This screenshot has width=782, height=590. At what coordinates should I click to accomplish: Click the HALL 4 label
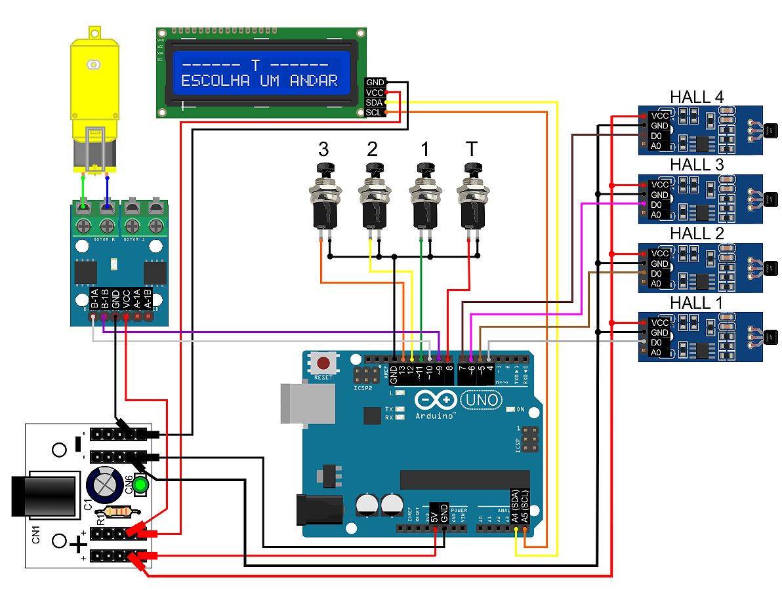pyautogui.click(x=696, y=97)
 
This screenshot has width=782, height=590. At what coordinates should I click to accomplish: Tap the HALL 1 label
pyautogui.click(x=696, y=303)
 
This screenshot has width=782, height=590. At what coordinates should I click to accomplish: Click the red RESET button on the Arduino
pyautogui.click(x=323, y=363)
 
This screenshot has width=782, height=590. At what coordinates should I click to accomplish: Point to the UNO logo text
pyautogui.click(x=482, y=399)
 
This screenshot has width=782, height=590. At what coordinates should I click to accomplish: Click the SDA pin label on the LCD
pyautogui.click(x=374, y=102)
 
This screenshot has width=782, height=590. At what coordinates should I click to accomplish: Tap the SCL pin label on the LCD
pyautogui.click(x=374, y=112)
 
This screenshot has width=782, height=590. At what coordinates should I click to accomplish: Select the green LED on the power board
pyautogui.click(x=140, y=486)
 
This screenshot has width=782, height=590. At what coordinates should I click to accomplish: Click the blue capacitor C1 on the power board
pyautogui.click(x=105, y=486)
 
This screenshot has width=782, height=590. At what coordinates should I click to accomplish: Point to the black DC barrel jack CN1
pyautogui.click(x=43, y=496)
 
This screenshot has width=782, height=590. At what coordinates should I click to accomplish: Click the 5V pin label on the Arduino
pyautogui.click(x=434, y=511)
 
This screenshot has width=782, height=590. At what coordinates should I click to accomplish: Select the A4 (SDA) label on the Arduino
pyautogui.click(x=516, y=505)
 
